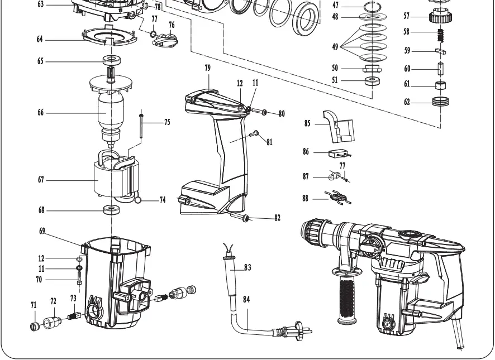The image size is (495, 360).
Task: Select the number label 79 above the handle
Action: tap(207, 68)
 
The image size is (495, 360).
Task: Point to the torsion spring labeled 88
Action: tap(337, 196)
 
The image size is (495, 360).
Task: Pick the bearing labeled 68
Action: tap(112, 211)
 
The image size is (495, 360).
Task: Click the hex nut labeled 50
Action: tap(372, 68)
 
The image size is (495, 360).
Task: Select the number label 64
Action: tap(40, 40)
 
